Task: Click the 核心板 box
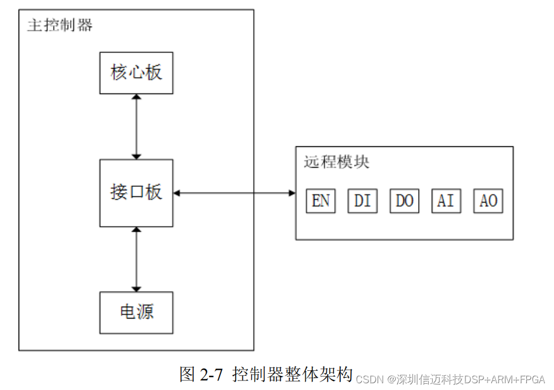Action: tap(136, 73)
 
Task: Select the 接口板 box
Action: tap(136, 193)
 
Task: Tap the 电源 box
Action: tap(136, 312)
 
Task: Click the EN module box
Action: tap(321, 201)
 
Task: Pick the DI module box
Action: tap(362, 201)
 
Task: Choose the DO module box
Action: tap(404, 201)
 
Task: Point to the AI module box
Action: tap(446, 201)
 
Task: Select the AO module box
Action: tap(487, 201)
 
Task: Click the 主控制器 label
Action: tap(60, 25)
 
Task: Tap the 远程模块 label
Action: tap(336, 163)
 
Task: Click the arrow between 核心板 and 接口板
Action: tap(136, 127)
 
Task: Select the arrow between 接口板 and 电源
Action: tap(136, 259)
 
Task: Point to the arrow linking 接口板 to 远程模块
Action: tap(234, 193)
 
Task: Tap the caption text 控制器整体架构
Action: tap(292, 374)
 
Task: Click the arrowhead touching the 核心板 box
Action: tap(136, 97)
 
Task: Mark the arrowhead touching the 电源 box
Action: tap(136, 289)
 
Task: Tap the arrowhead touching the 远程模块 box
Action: tap(292, 193)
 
